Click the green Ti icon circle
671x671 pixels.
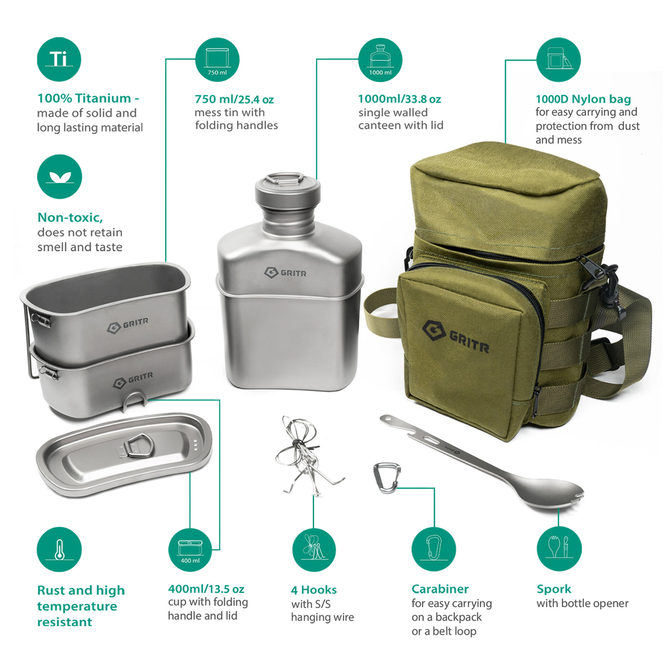pyautogui.click(x=59, y=59)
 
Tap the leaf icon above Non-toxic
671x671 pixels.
pyautogui.click(x=59, y=176)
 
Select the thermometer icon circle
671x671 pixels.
pyautogui.click(x=59, y=549)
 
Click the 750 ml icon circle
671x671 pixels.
pyautogui.click(x=217, y=60)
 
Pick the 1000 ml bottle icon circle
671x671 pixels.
pyautogui.click(x=380, y=60)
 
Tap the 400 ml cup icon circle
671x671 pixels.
pyautogui.click(x=190, y=550)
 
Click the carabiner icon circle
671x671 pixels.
pyautogui.click(x=434, y=549)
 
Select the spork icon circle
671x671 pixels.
pyautogui.click(x=559, y=548)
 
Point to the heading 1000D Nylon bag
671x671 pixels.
pyautogui.click(x=583, y=99)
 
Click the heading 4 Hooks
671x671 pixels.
pyautogui.click(x=314, y=590)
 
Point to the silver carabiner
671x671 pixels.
pyautogui.click(x=386, y=478)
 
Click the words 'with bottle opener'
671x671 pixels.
pyautogui.click(x=582, y=603)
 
